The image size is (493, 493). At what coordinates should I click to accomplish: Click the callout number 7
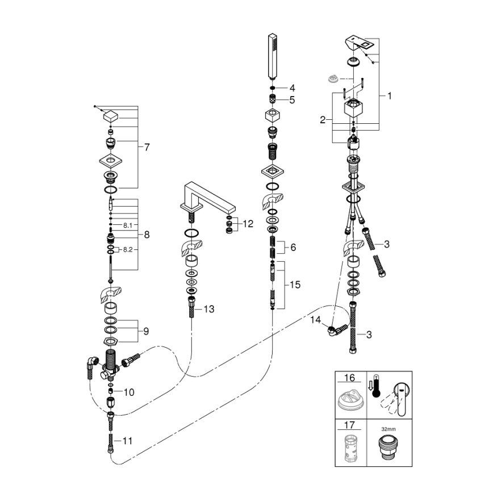(x=147, y=147)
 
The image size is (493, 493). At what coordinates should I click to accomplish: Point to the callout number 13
(x=209, y=309)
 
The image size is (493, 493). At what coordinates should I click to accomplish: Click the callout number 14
(x=316, y=320)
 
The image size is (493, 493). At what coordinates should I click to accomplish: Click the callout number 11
(x=128, y=440)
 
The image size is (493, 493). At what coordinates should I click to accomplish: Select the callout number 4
(x=292, y=88)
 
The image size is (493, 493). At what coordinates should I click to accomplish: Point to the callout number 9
(x=147, y=330)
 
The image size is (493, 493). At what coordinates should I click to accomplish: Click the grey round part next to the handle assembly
(x=333, y=79)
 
